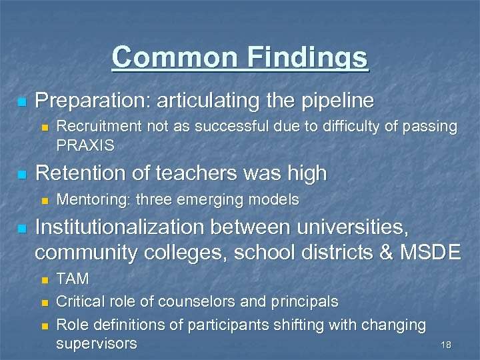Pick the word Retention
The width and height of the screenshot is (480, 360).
(x=77, y=173)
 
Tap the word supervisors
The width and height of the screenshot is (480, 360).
(x=97, y=344)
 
